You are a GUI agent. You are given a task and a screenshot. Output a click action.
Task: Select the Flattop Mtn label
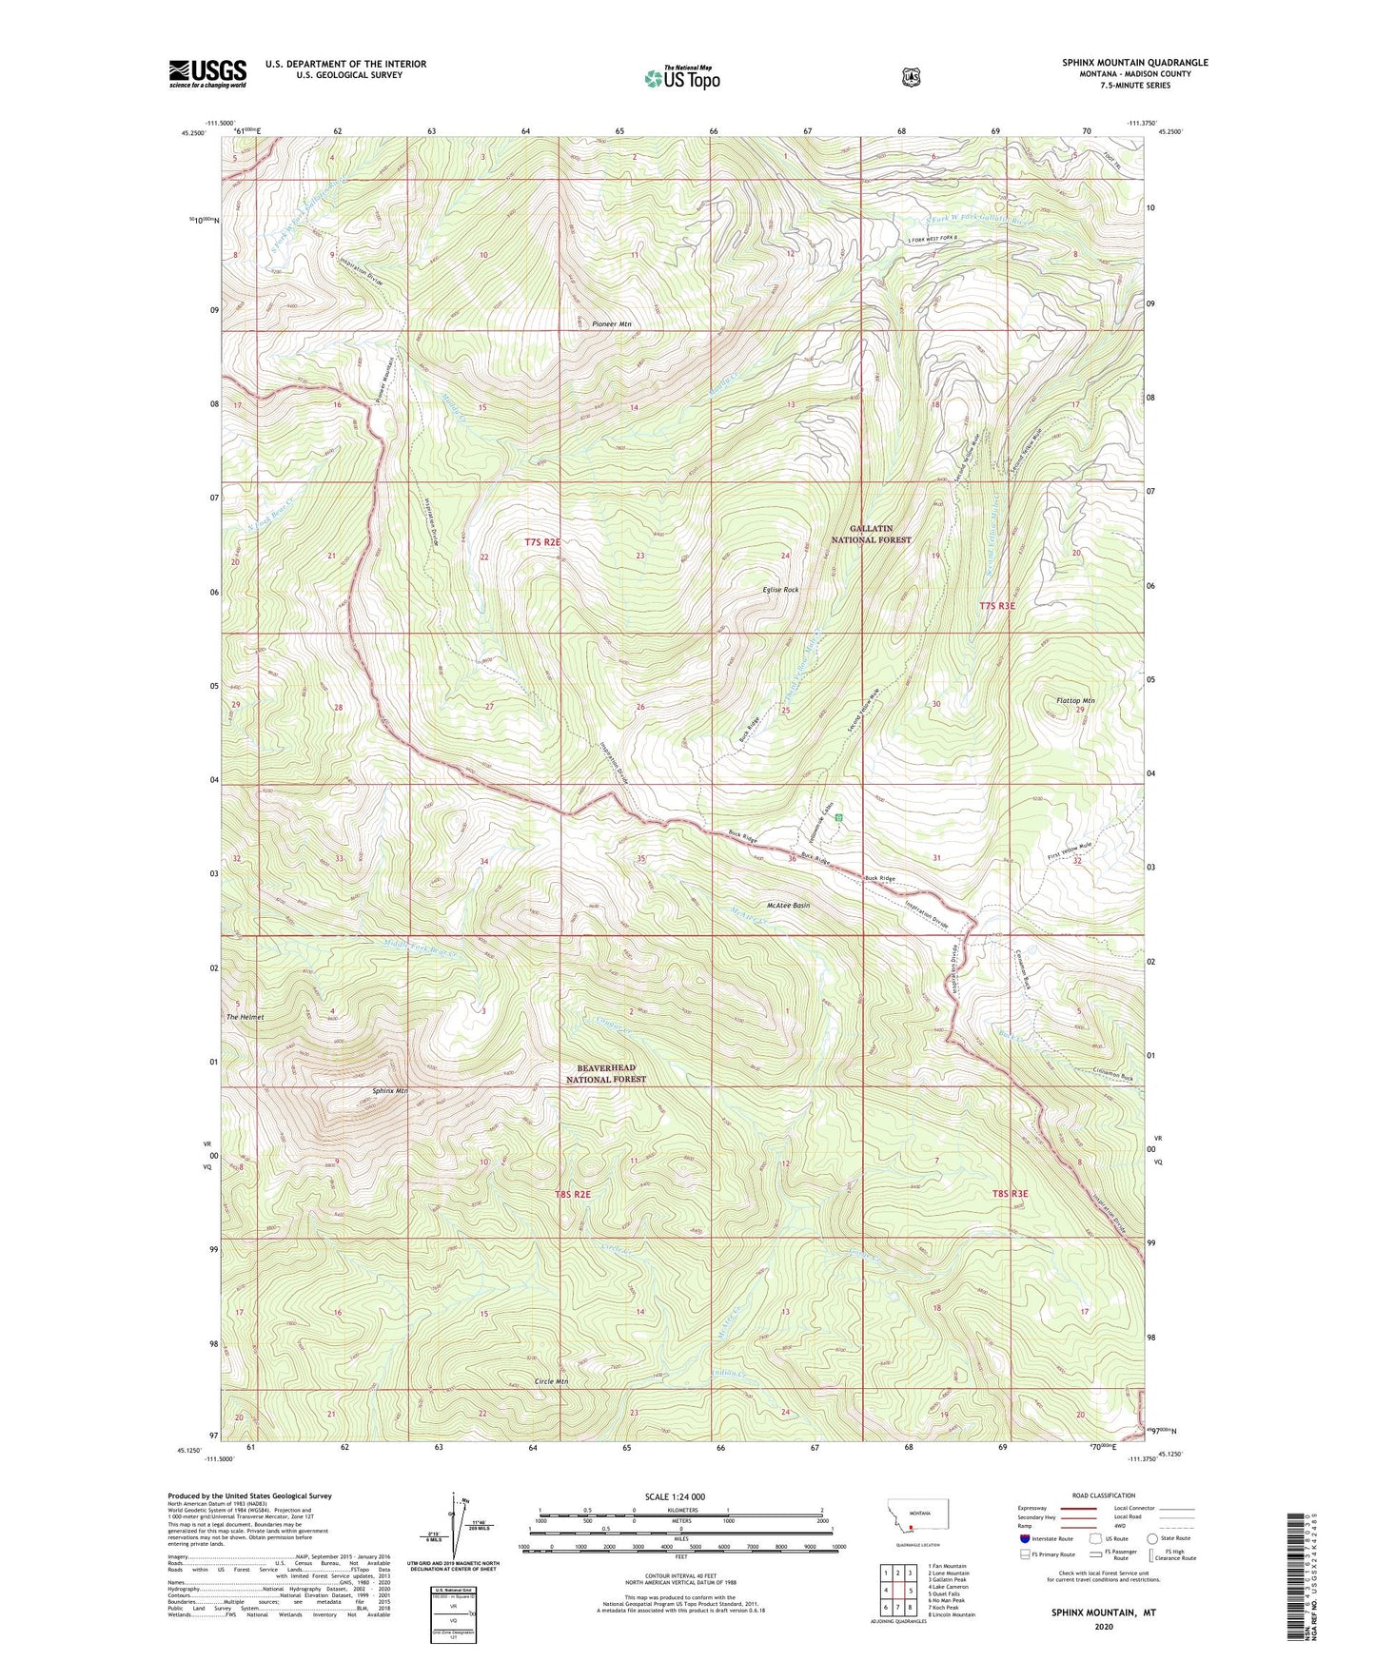tap(1075, 701)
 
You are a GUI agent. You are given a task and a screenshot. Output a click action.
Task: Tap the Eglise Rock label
tap(780, 590)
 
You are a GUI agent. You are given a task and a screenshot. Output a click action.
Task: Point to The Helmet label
tap(245, 1017)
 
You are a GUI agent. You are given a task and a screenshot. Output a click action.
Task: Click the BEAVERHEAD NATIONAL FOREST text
tap(606, 1074)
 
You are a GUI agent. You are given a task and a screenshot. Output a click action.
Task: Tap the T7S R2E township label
tap(542, 541)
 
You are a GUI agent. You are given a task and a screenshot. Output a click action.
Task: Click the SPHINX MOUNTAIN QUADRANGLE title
tap(1135, 63)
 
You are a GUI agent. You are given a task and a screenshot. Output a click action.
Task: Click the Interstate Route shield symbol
tap(1024, 1538)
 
